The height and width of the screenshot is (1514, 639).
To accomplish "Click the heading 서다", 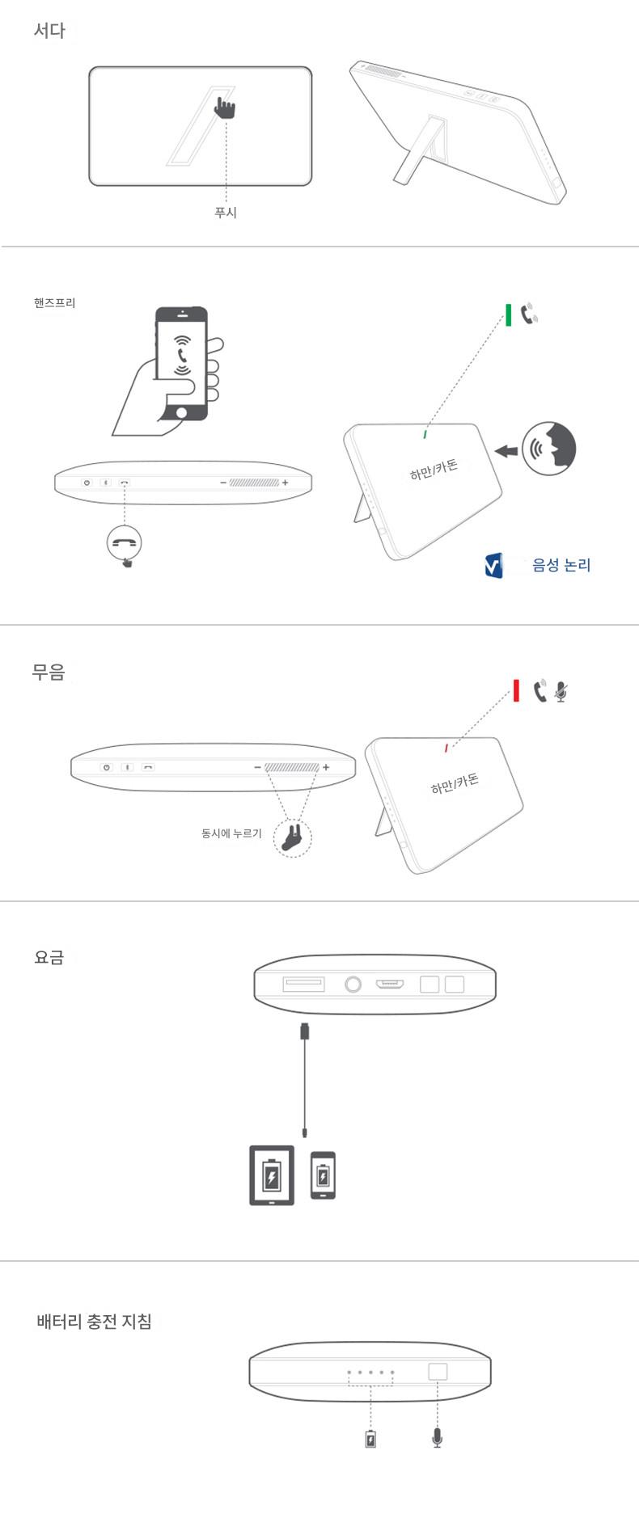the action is pyautogui.click(x=49, y=31).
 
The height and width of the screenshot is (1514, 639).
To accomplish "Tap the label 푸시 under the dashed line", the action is pyautogui.click(x=226, y=213).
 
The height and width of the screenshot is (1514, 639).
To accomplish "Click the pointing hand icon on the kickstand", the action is pyautogui.click(x=224, y=108).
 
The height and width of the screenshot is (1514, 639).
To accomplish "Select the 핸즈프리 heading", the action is pyautogui.click(x=54, y=303).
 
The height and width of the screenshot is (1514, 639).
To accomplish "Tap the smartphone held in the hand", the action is pyautogui.click(x=182, y=363).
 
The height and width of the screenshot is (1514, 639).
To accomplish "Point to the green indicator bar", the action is pyautogui.click(x=508, y=315).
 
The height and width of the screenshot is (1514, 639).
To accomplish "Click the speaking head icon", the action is pyautogui.click(x=549, y=448).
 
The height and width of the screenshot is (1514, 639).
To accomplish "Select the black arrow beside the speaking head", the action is pyautogui.click(x=506, y=450).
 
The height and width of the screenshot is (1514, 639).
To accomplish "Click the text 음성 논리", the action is pyautogui.click(x=561, y=565).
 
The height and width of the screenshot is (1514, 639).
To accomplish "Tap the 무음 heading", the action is pyautogui.click(x=48, y=672).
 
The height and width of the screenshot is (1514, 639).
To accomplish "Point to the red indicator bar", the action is pyautogui.click(x=516, y=691).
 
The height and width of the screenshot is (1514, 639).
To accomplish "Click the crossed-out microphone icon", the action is pyautogui.click(x=561, y=692).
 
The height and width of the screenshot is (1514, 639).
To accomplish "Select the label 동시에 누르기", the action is pyautogui.click(x=231, y=833).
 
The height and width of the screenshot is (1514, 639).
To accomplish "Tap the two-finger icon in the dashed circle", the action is pyautogui.click(x=293, y=837).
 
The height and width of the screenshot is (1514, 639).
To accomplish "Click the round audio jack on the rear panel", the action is pyautogui.click(x=353, y=985).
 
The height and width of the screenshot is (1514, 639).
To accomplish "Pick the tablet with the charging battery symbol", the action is pyautogui.click(x=272, y=1175).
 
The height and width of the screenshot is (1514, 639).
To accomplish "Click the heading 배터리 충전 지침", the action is pyautogui.click(x=94, y=1322).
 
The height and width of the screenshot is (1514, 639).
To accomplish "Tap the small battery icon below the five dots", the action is pyautogui.click(x=370, y=1439).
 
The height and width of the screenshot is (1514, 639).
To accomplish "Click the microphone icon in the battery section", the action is pyautogui.click(x=438, y=1438).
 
